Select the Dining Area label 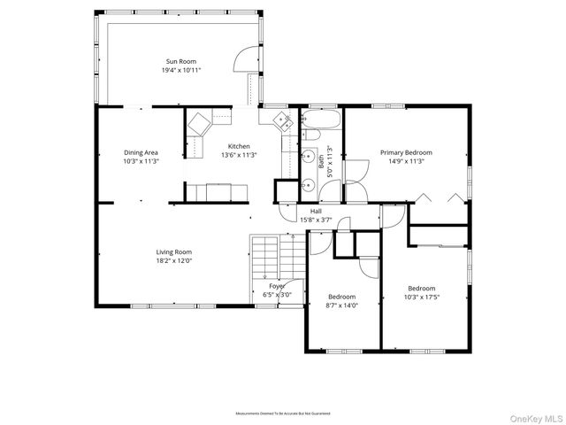point(141,153)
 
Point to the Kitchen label point(239,146)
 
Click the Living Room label point(174,252)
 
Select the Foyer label point(278,287)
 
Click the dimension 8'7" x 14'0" point(341,305)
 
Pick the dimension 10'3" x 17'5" point(421,297)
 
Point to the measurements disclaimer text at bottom point(282,413)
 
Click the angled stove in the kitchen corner point(199,122)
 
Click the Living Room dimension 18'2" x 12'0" point(174,261)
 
